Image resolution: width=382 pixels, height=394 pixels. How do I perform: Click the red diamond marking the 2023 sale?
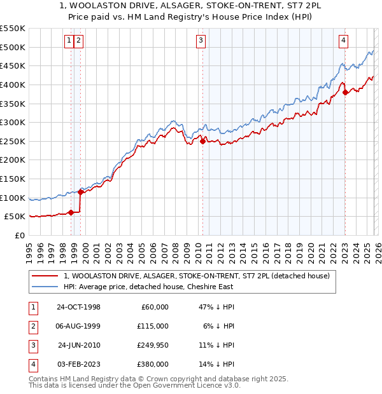click(345, 92)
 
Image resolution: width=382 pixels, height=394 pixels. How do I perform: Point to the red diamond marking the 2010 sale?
click(203, 141)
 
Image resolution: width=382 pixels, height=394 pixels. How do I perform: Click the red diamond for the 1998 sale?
click(71, 213)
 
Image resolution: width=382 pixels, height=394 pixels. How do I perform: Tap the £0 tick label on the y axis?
click(19, 235)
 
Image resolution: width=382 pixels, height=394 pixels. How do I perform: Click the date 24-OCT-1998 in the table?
click(78, 307)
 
